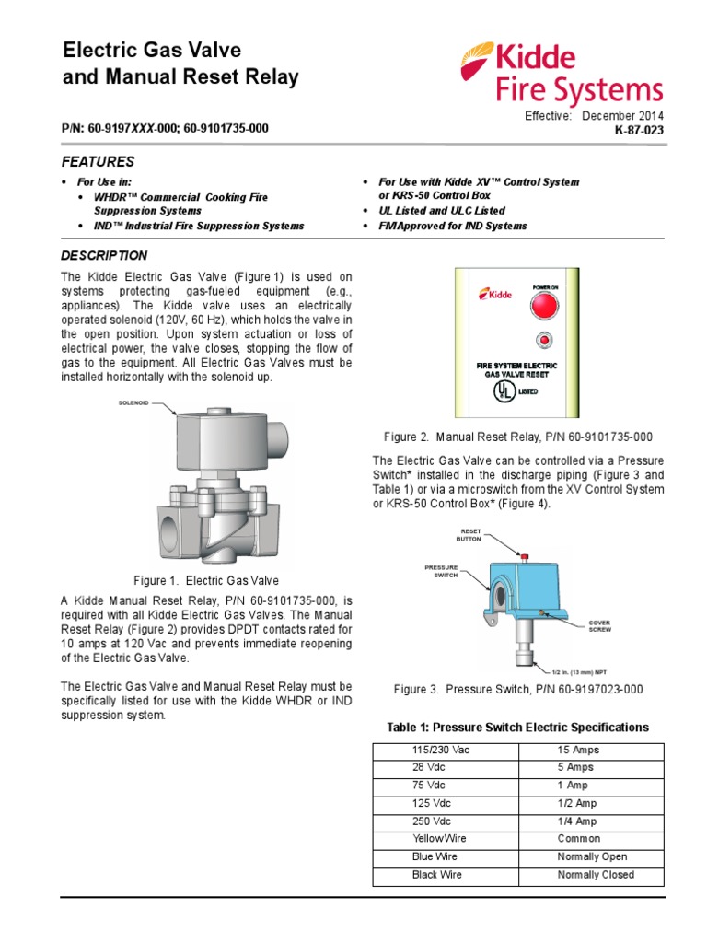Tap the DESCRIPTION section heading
click(x=103, y=255)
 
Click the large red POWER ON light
click(x=546, y=308)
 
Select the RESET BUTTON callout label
click(x=469, y=535)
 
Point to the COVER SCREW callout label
click(x=600, y=626)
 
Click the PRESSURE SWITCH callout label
click(x=441, y=571)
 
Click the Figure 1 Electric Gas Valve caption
click(x=206, y=581)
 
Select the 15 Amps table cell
click(x=575, y=750)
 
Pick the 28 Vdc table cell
click(x=428, y=767)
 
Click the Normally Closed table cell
click(x=596, y=875)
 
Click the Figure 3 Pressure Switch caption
click(x=518, y=690)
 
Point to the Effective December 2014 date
click(x=594, y=116)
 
